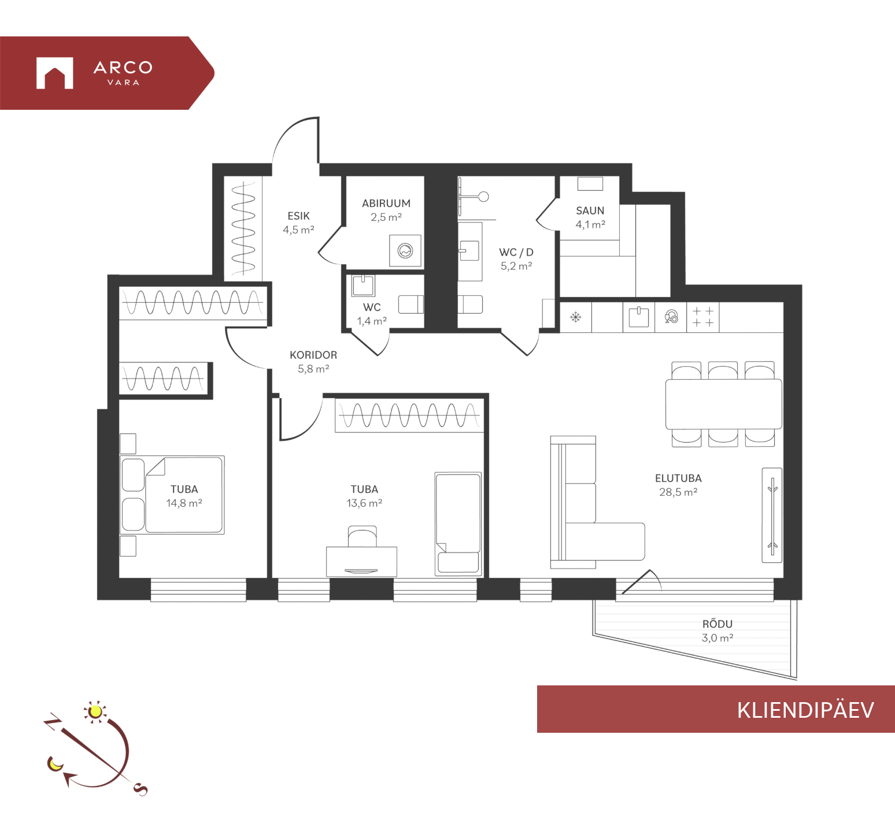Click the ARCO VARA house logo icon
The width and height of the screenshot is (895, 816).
(55, 73)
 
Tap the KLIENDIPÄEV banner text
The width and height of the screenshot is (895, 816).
(805, 710)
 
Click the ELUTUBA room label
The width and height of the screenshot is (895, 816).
(678, 479)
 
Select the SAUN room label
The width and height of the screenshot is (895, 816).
(590, 211)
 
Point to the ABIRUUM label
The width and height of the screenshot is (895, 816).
(386, 203)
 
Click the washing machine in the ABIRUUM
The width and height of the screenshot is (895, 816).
(405, 251)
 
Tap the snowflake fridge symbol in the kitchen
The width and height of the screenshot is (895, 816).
(575, 317)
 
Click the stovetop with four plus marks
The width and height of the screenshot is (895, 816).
(703, 317)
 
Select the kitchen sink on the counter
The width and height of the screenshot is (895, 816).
(638, 317)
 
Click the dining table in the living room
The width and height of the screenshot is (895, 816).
(723, 404)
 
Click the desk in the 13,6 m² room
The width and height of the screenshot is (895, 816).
(361, 561)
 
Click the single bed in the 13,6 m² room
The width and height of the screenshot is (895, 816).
(458, 523)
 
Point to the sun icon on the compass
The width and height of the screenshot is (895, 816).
(95, 711)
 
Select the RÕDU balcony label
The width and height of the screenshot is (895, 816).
(718, 624)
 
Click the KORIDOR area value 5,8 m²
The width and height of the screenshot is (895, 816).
(313, 369)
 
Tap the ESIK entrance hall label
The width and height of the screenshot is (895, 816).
(298, 216)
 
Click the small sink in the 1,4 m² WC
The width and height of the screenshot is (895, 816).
(363, 285)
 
